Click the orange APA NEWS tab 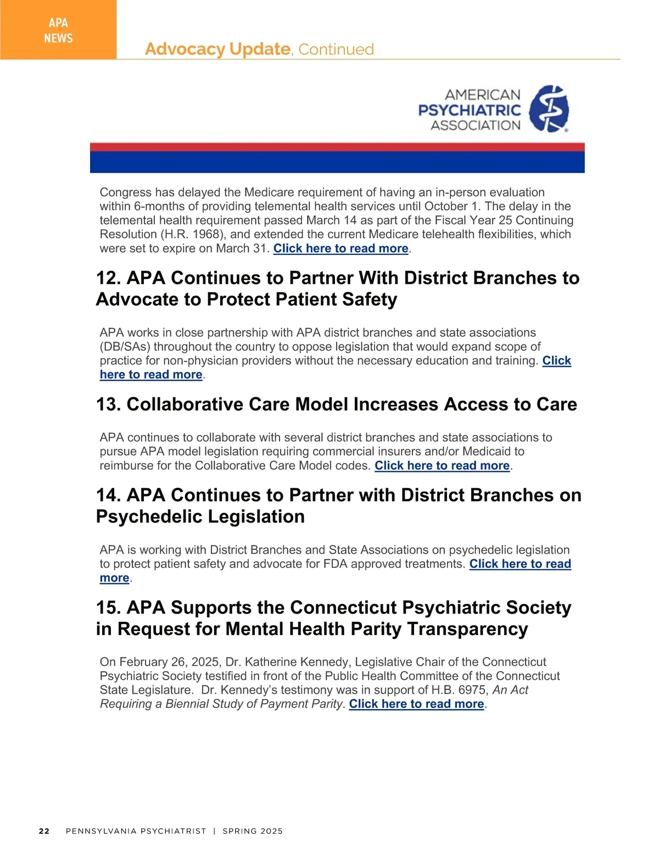[58, 30]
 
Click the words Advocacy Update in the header [217, 49]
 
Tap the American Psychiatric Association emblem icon [549, 109]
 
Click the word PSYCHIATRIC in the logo [469, 110]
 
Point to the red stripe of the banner [337, 147]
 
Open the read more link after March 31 [340, 248]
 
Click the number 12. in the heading [109, 278]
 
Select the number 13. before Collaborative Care [109, 404]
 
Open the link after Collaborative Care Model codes [442, 466]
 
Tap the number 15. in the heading [109, 607]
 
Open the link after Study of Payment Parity [416, 704]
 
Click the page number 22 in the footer [44, 831]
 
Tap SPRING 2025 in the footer [253, 831]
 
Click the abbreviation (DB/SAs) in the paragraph [125, 347]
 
